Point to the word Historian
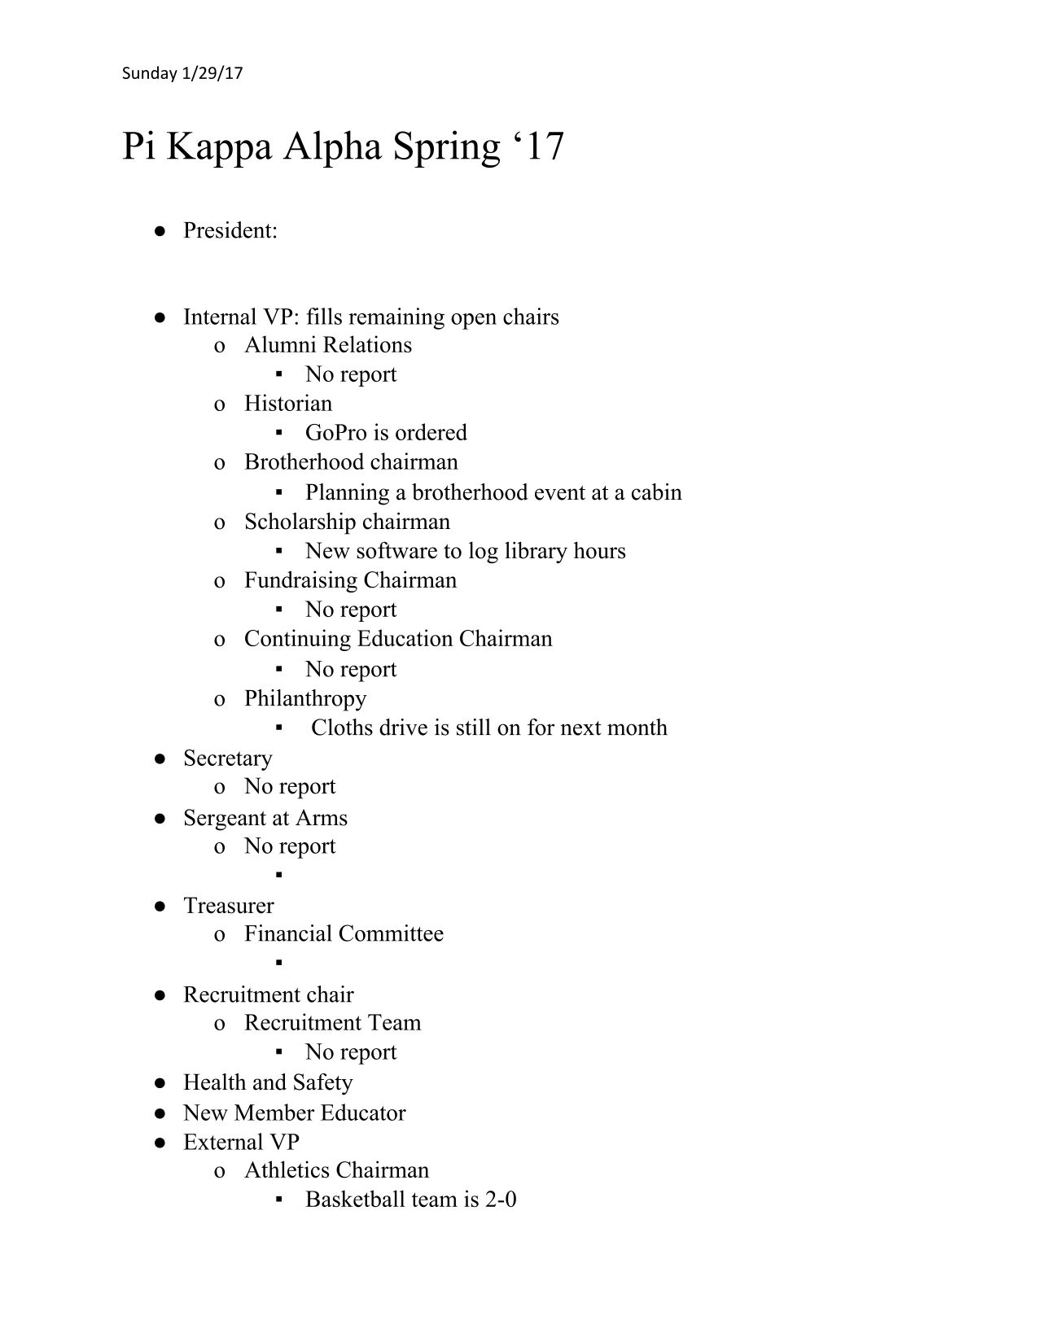(288, 404)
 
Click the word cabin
(656, 492)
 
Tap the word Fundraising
(300, 580)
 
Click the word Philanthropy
(305, 699)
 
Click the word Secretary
(228, 758)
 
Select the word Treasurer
(229, 906)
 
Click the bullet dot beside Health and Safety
(161, 1083)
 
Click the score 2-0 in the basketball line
(501, 1200)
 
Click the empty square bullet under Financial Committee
(278, 963)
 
